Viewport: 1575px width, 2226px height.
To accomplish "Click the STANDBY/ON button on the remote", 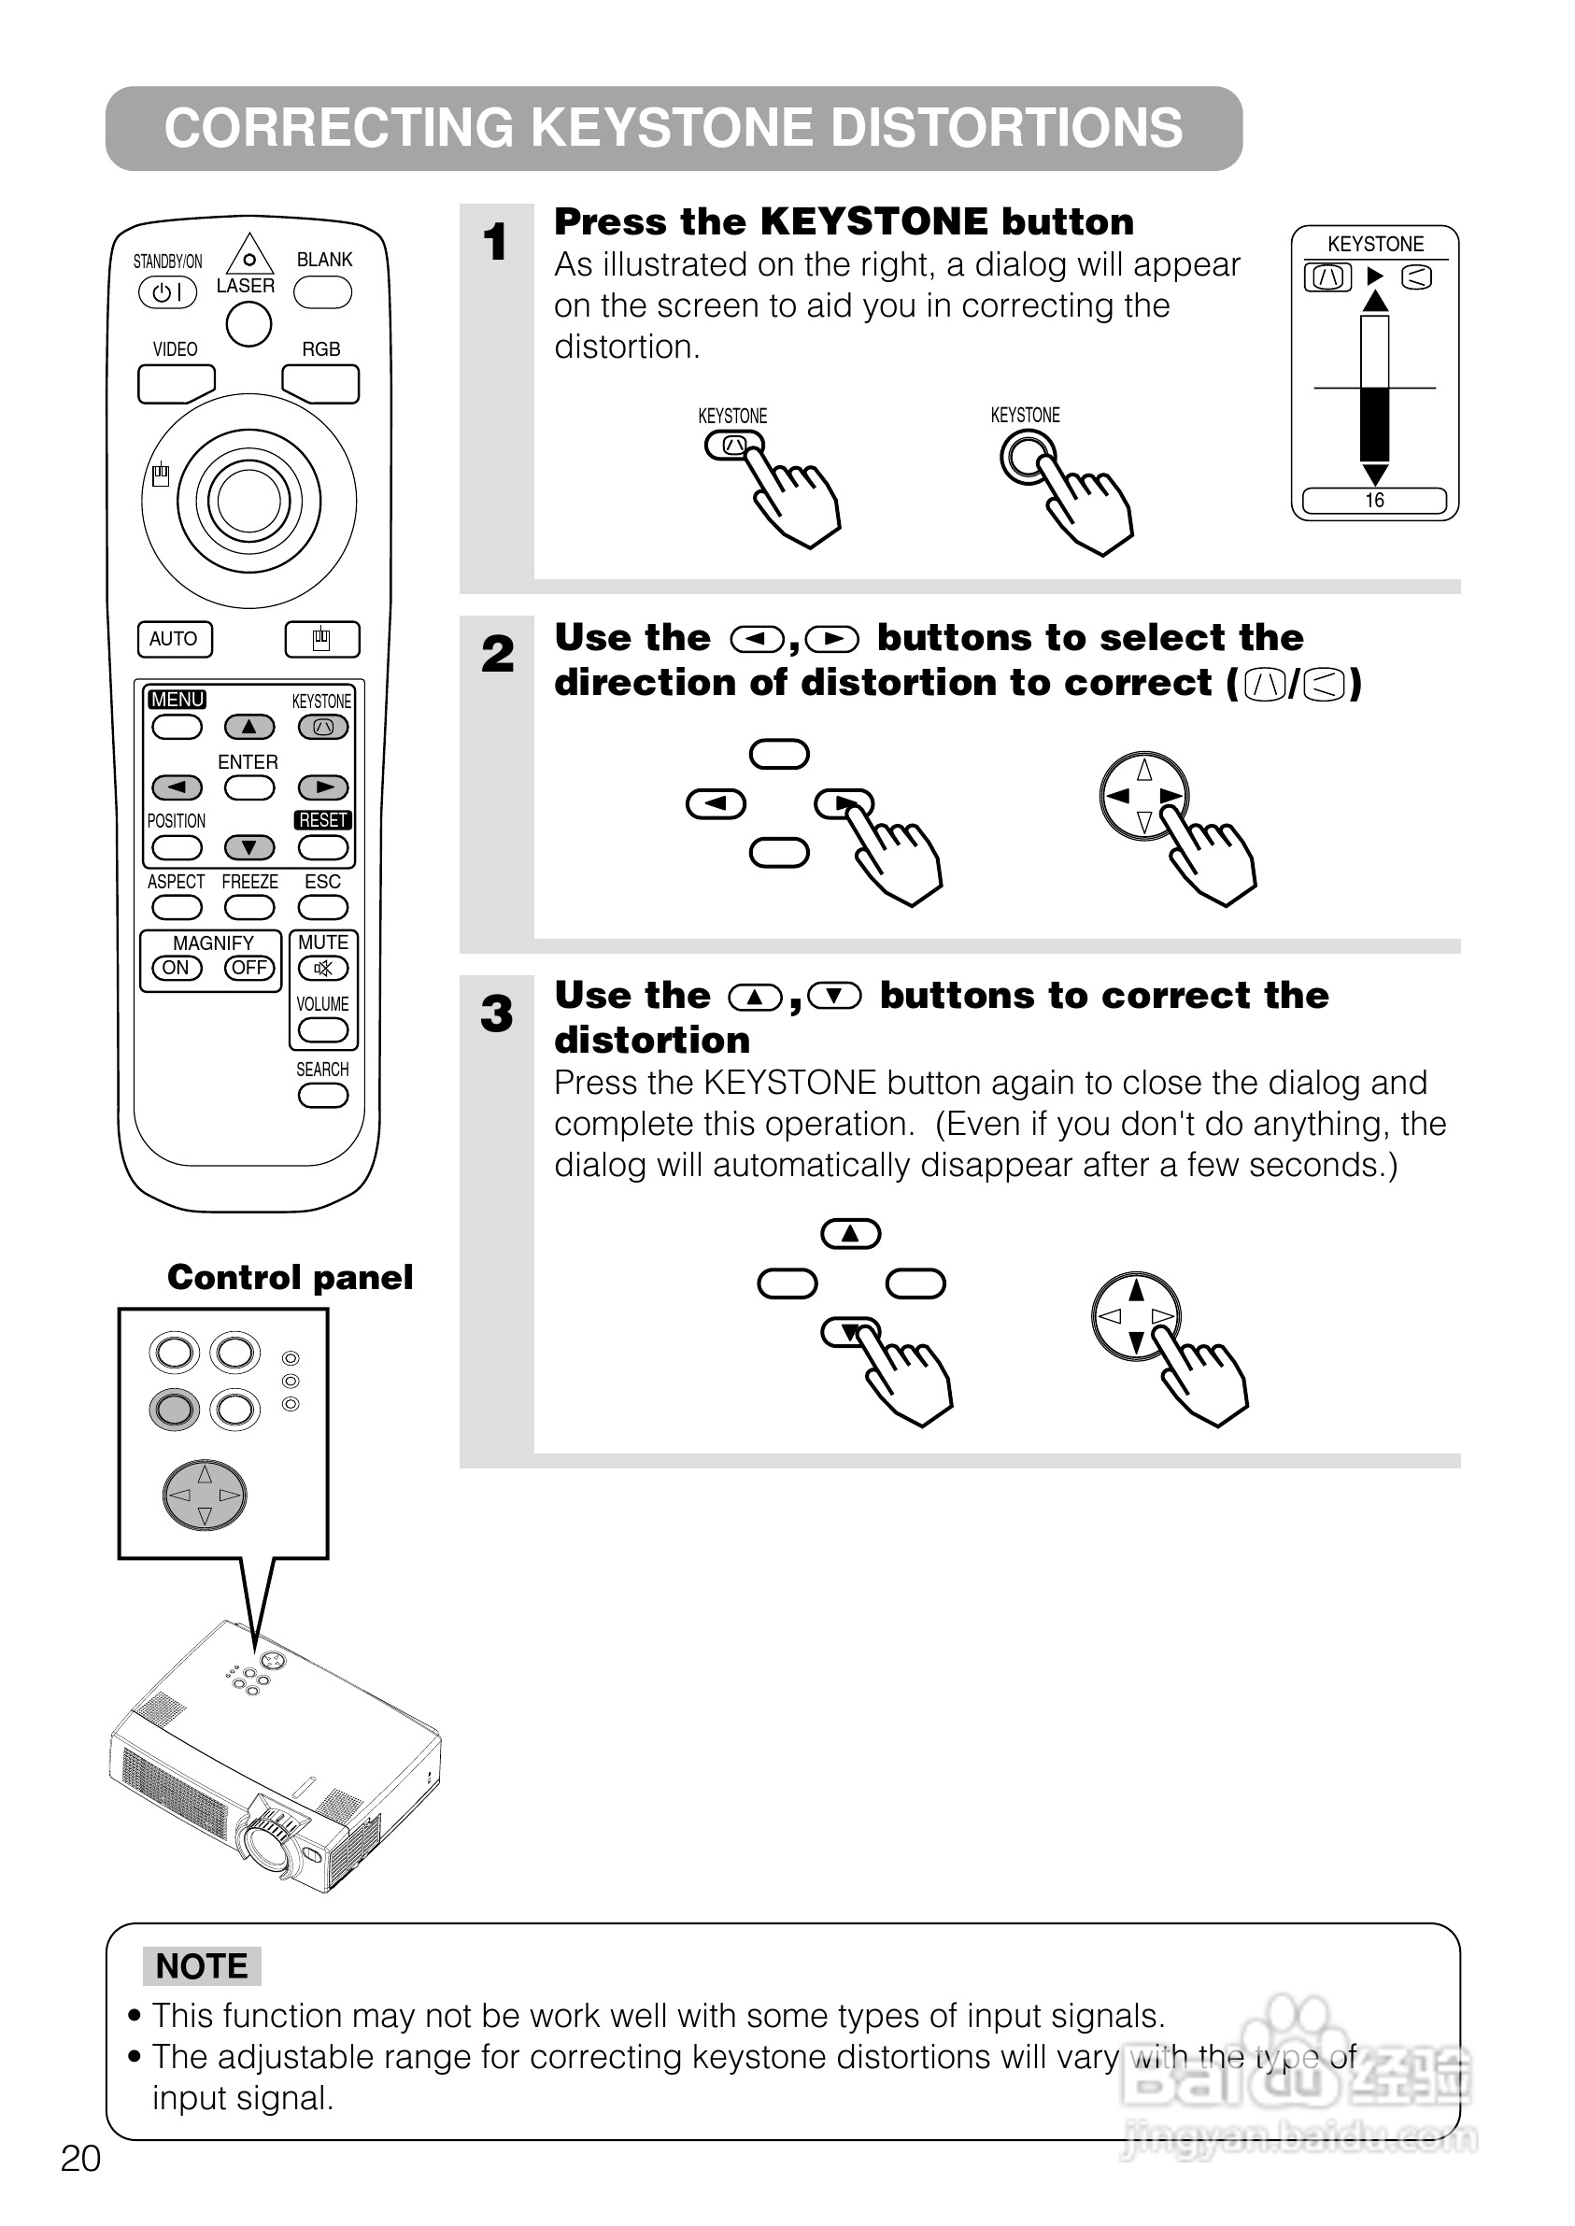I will [168, 291].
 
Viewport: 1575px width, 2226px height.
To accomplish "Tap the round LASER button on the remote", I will [248, 324].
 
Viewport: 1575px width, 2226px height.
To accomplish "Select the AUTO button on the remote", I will [175, 639].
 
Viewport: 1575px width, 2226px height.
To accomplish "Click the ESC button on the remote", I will [323, 906].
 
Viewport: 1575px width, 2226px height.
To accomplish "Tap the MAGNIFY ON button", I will [177, 968].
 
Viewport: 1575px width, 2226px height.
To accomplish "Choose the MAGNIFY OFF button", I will [249, 968].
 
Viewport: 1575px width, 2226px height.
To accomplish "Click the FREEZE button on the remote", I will [249, 906].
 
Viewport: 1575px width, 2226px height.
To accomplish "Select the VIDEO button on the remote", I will [176, 384].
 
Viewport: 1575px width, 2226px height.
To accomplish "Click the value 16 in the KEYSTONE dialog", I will [1374, 501].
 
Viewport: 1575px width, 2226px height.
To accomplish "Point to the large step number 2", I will [498, 654].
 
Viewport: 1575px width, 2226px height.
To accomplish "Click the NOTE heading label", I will [202, 1966].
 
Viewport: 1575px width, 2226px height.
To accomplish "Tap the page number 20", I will [80, 2158].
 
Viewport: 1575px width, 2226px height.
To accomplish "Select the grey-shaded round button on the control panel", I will [175, 1409].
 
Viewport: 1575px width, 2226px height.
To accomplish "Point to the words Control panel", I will [290, 1277].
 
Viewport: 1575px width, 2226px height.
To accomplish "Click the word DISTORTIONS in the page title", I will [1006, 128].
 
